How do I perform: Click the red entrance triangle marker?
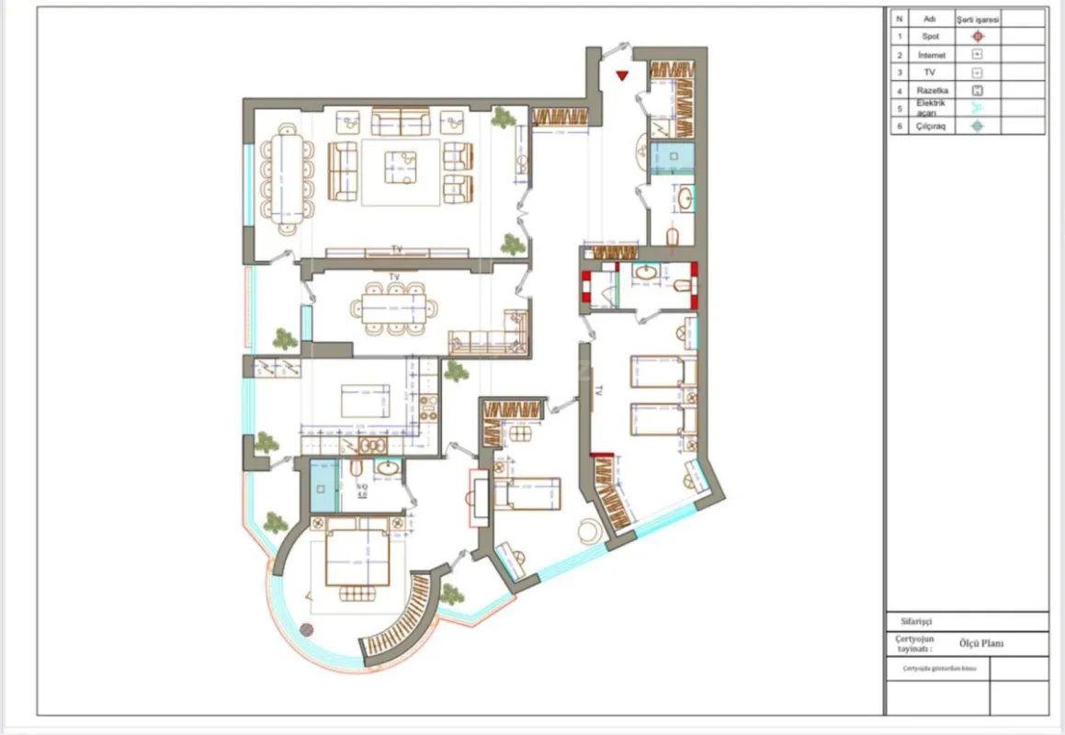click(x=622, y=75)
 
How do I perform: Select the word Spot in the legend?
click(x=930, y=36)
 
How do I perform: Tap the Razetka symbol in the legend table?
click(x=978, y=90)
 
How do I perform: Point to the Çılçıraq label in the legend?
click(x=930, y=126)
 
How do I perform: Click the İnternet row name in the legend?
click(x=930, y=55)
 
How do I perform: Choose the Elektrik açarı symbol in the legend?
click(x=978, y=107)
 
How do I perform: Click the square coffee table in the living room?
click(x=400, y=165)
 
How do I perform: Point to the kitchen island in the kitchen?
click(x=365, y=402)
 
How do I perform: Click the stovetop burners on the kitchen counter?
click(x=427, y=407)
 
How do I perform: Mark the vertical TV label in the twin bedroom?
click(x=597, y=390)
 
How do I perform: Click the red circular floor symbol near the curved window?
click(x=306, y=630)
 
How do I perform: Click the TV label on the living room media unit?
click(x=397, y=249)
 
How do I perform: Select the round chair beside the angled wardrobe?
click(x=586, y=530)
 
